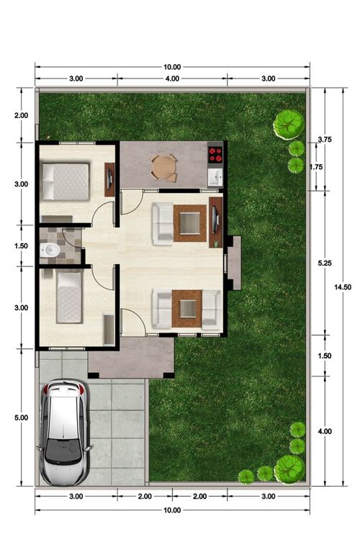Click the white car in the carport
[64, 433]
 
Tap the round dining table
[164, 167]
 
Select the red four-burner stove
[215, 154]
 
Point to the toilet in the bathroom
[50, 250]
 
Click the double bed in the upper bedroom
[66, 181]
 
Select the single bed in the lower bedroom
[69, 297]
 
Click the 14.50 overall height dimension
[343, 286]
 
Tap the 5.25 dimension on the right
[325, 263]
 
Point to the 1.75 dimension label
[316, 167]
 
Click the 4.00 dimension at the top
[172, 78]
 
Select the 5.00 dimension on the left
[21, 417]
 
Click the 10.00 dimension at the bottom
[172, 510]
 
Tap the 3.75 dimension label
[325, 140]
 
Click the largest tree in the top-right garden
[288, 125]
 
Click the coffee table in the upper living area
[189, 223]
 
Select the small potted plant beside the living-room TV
[216, 244]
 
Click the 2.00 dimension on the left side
[21, 115]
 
